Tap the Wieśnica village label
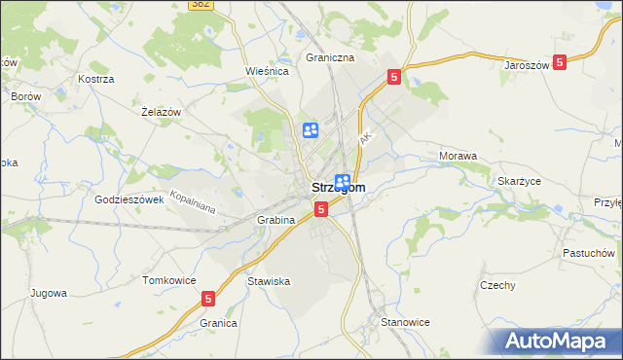[268, 71]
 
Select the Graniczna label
[330, 57]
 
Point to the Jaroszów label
[527, 65]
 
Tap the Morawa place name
[458, 156]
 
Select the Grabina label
[275, 220]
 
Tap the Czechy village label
[497, 285]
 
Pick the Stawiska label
[269, 281]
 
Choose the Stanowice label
[405, 321]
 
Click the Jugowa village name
[48, 292]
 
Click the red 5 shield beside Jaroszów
[560, 62]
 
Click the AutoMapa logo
[559, 342]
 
